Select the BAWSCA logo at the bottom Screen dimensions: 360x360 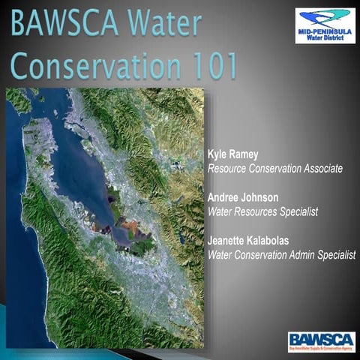(x=321, y=341)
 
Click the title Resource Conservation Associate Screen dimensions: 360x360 (x=274, y=169)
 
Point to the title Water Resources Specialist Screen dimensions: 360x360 (x=262, y=211)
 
